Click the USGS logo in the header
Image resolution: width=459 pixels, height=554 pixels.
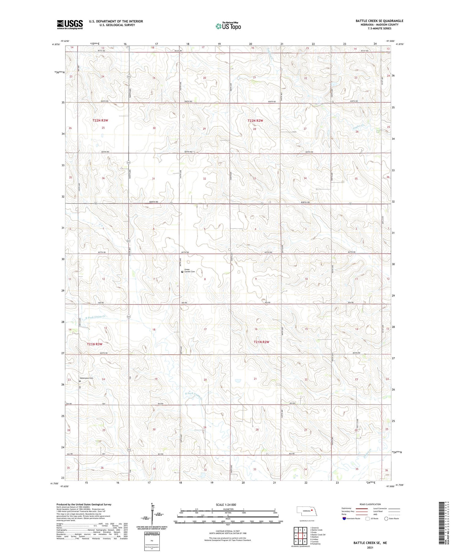coord(70,24)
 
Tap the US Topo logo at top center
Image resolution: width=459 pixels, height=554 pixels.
coord(228,26)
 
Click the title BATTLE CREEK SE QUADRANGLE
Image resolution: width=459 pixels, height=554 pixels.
coord(379,21)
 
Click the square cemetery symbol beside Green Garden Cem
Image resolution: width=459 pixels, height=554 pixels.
coord(182,272)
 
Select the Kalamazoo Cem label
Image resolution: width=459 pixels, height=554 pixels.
coord(86,378)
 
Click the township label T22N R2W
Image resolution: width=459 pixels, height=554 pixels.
coord(255,121)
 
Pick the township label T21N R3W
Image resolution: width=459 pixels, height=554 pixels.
coord(94,344)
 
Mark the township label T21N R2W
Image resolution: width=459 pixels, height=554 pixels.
coord(261,342)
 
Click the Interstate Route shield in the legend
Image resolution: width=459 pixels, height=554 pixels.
coord(345,519)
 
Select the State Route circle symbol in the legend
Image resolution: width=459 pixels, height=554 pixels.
coord(386,519)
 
